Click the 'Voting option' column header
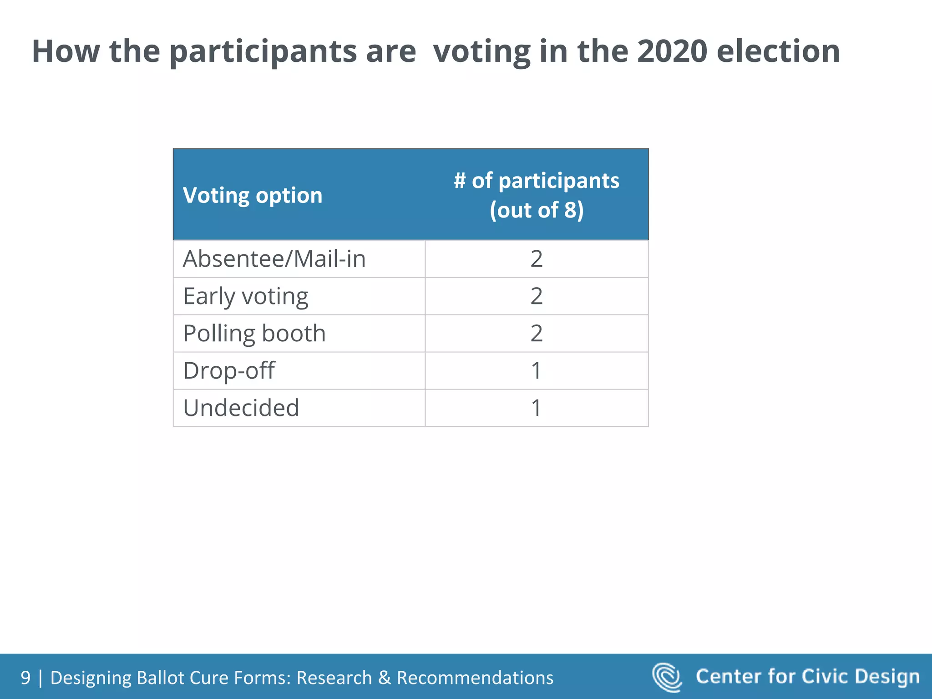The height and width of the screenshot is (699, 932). [x=253, y=196]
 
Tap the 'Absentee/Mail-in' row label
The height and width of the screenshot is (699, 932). [x=274, y=259]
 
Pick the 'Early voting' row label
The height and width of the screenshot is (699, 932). [x=246, y=297]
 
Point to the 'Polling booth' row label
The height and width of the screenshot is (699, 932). [x=254, y=334]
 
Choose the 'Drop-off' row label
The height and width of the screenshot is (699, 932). [x=229, y=370]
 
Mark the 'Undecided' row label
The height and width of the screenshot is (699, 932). [x=241, y=408]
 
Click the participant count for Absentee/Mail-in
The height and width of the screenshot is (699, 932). [x=537, y=259]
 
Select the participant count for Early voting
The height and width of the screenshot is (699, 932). [x=537, y=296]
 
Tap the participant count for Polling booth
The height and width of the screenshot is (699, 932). [x=537, y=334]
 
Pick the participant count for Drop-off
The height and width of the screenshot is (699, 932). [x=537, y=370]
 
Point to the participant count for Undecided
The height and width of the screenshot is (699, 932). [x=537, y=408]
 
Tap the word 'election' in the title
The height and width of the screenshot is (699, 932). [x=778, y=51]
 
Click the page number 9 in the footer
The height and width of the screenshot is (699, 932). [x=25, y=678]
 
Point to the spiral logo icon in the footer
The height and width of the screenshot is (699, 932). [x=667, y=677]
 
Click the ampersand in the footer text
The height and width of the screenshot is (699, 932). [x=385, y=678]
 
